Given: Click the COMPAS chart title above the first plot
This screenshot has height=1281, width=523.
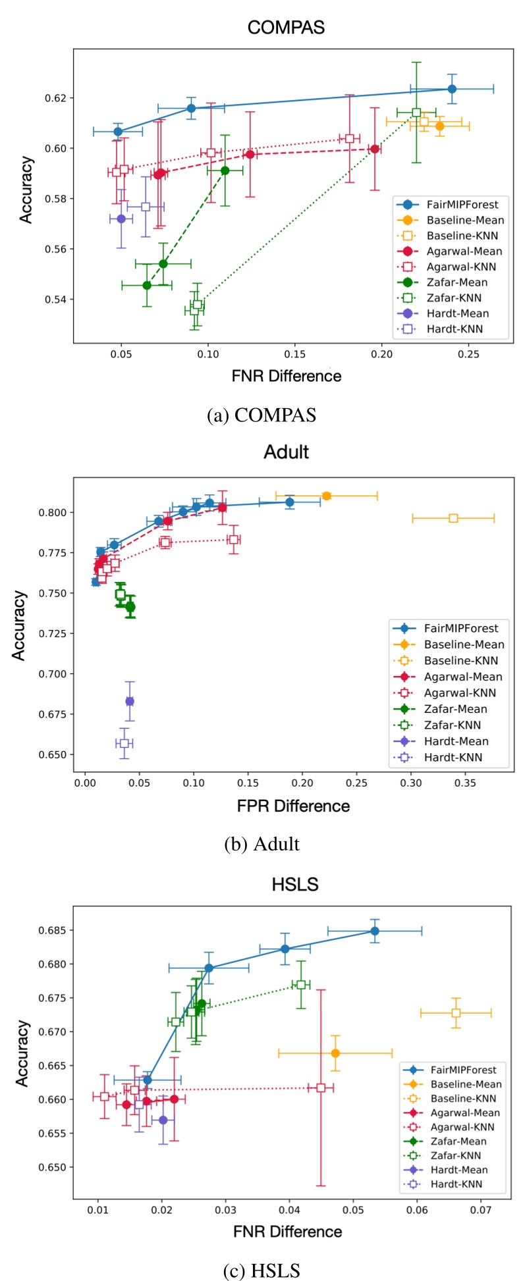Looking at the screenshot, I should click(x=286, y=27).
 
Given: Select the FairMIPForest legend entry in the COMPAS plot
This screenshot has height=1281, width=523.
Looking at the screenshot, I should click(x=462, y=205).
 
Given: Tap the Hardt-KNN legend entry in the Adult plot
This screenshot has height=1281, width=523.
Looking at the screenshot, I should click(x=453, y=757).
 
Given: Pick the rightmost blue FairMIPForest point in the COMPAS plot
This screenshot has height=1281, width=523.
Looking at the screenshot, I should click(x=452, y=89).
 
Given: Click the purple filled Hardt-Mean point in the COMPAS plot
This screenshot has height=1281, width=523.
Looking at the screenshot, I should click(x=121, y=219).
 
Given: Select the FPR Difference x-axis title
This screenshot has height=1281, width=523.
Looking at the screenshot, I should click(x=293, y=806).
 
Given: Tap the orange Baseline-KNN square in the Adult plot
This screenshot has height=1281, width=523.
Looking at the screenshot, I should click(x=453, y=519).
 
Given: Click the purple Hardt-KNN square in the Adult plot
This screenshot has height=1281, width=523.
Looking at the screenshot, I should click(x=124, y=743).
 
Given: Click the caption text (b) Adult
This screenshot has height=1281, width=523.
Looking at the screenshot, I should click(x=261, y=844).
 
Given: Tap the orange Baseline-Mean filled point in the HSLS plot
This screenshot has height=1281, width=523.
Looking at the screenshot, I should click(x=335, y=1053).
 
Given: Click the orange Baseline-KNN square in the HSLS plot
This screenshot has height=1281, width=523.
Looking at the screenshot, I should click(x=456, y=1013).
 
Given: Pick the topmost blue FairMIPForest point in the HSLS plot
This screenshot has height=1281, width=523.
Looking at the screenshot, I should click(x=375, y=931).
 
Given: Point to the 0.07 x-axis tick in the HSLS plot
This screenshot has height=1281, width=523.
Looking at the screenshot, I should click(x=481, y=1209).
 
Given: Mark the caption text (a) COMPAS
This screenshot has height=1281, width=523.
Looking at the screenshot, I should click(x=261, y=415).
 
